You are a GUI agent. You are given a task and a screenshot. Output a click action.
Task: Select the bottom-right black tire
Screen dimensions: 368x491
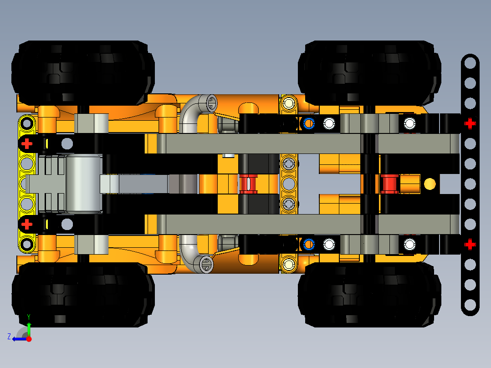pyautogui.click(x=369, y=294)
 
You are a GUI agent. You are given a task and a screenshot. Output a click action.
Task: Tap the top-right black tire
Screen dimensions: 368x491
pyautogui.click(x=369, y=71)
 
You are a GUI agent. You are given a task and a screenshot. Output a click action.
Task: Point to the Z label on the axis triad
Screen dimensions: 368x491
pyautogui.click(x=9, y=337)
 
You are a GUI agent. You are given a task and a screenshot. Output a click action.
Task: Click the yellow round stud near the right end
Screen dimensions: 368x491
pyautogui.click(x=430, y=184)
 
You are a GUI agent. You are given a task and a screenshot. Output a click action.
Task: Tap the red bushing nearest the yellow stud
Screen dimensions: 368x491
pyautogui.click(x=390, y=183)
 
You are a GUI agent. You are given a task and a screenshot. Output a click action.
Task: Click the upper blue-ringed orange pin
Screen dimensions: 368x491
pyautogui.click(x=309, y=123)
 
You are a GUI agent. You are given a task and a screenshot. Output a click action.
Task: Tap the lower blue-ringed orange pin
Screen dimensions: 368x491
pyautogui.click(x=309, y=245)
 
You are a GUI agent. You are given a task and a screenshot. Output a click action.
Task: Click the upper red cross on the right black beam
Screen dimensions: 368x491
pyautogui.click(x=470, y=123)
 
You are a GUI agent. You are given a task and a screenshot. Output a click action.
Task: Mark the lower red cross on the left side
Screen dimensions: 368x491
pyautogui.click(x=27, y=224)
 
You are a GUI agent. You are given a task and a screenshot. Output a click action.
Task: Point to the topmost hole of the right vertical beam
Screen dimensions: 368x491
pyautogui.click(x=470, y=63)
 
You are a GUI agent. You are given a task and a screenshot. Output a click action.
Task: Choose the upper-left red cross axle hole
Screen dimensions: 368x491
pyautogui.click(x=27, y=143)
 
